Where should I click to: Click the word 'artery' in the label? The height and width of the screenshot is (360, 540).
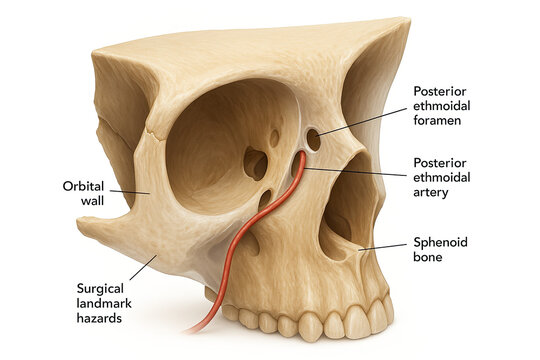[x=434, y=193]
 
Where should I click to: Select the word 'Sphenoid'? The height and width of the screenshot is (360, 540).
[x=442, y=242]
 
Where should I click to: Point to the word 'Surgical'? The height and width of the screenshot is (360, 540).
[x=100, y=288]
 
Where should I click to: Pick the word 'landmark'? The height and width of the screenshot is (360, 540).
[x=103, y=303]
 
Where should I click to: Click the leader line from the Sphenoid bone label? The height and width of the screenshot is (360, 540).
[x=382, y=247]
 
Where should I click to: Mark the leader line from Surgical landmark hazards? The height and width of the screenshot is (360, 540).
[x=140, y=271]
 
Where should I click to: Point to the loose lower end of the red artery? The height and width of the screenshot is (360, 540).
[x=190, y=330]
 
